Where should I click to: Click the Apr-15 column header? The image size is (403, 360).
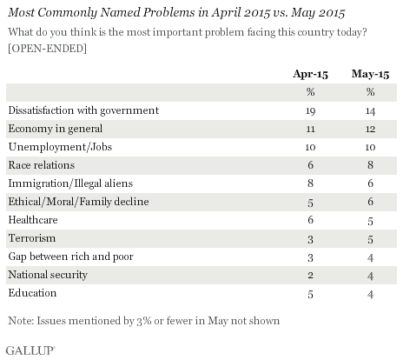(x=310, y=74)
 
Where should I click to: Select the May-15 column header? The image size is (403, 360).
(x=370, y=75)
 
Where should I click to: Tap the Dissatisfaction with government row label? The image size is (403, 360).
(x=83, y=110)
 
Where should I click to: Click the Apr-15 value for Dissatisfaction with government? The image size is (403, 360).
(x=310, y=111)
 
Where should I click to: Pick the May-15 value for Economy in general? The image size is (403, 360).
(x=370, y=129)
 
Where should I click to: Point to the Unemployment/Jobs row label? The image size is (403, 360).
(x=60, y=147)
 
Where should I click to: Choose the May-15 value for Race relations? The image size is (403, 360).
(x=370, y=165)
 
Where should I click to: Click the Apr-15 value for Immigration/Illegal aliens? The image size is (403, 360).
(x=310, y=183)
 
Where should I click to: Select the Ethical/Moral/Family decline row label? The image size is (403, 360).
(x=78, y=202)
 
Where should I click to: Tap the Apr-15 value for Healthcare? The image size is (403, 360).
(x=310, y=220)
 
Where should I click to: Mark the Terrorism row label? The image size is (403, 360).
(x=32, y=238)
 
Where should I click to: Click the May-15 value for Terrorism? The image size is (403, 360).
(x=370, y=239)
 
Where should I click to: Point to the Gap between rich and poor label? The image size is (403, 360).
(x=71, y=257)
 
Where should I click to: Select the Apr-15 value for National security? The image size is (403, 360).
(x=310, y=275)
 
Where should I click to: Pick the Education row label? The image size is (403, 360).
(x=32, y=293)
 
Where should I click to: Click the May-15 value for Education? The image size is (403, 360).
(x=370, y=294)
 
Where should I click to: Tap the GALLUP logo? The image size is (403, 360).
(x=30, y=350)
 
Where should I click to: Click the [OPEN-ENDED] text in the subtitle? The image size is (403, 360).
(x=48, y=49)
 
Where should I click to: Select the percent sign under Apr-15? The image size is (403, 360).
(x=310, y=92)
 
